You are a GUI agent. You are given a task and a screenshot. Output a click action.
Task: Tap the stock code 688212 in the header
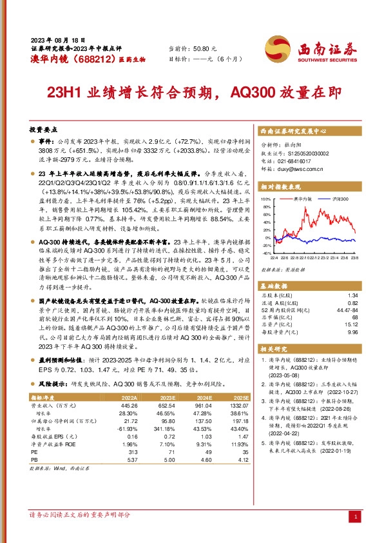click(x=83, y=60)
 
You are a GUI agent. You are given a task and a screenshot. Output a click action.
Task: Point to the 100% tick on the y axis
click(x=267, y=200)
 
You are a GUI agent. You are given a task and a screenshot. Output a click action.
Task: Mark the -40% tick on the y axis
click(x=267, y=254)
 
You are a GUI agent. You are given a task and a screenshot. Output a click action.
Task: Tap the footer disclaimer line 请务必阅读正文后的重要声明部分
click(x=80, y=515)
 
